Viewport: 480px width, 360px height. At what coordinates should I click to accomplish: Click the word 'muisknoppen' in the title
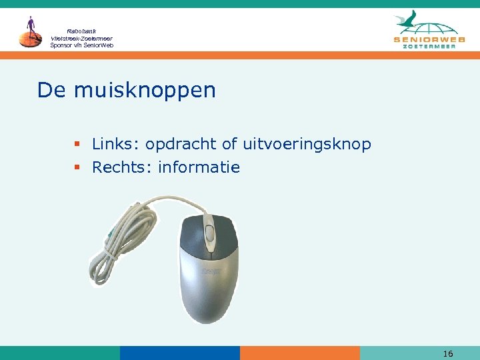(145, 91)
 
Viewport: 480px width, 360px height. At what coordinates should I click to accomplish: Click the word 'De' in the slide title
(52, 90)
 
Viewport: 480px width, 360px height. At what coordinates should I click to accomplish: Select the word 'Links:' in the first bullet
(115, 144)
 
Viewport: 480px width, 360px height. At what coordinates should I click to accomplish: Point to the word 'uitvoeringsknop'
(307, 145)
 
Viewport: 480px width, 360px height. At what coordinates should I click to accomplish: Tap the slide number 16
(448, 353)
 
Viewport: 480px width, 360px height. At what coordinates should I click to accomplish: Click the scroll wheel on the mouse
(210, 233)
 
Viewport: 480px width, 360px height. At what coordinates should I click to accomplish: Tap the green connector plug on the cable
(107, 235)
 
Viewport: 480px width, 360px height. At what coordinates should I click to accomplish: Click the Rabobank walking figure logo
(29, 32)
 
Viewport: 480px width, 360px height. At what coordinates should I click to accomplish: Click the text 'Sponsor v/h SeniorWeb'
(82, 45)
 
